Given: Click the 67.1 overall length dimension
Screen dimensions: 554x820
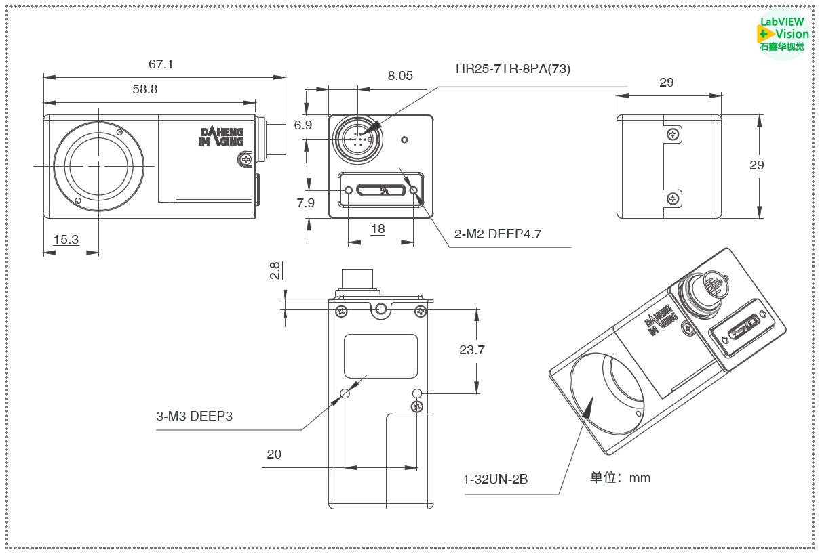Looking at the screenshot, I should coord(161,64).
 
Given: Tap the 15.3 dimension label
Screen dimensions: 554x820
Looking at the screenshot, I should coord(66,239).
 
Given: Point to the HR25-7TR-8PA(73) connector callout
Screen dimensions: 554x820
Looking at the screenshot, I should coord(513,68).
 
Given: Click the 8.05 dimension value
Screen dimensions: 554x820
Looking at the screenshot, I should coord(400,76).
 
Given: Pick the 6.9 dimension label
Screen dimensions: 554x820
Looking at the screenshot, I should coord(303,125).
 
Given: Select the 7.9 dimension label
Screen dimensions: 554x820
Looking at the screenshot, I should coord(306,203).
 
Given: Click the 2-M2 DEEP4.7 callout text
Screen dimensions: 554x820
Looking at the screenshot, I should coord(498,234).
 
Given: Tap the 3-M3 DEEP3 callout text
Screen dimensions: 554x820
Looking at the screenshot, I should coord(195,416).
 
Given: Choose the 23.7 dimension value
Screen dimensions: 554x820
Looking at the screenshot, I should coord(472,350).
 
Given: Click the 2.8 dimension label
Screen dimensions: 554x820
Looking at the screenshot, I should coord(275,271).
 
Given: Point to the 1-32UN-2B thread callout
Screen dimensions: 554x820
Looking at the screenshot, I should coord(495,480).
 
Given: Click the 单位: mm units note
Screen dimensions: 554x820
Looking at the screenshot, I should coord(620,478).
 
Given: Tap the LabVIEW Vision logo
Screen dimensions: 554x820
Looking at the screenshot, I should coord(783,33).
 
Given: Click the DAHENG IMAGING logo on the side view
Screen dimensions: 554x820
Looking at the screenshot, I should coord(221,136).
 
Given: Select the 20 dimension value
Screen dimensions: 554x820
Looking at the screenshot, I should coord(274,454).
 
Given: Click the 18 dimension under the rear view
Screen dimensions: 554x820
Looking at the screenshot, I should coord(378,229).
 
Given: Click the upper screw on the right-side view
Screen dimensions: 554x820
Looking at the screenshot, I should coord(672,135).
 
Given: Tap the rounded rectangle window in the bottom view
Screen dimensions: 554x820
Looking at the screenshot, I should coord(380,356).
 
